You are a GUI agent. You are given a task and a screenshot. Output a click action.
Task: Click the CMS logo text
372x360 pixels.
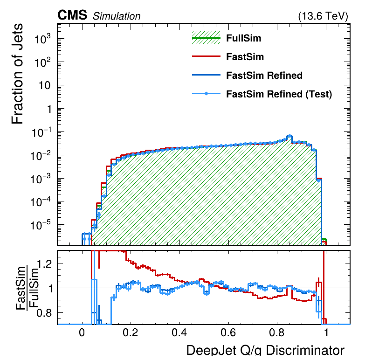[72, 15]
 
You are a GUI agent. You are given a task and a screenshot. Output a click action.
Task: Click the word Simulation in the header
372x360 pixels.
[117, 16]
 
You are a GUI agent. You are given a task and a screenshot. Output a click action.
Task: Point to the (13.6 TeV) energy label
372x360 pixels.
[323, 16]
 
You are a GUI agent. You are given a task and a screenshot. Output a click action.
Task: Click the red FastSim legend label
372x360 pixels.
[245, 57]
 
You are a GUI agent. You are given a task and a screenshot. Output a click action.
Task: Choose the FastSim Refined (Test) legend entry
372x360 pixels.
[279, 94]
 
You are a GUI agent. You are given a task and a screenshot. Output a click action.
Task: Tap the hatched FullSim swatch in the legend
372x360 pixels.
[206, 38]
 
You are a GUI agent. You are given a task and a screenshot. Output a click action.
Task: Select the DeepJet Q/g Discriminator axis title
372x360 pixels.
[265, 351]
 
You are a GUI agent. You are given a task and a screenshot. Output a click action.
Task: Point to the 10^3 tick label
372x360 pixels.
[43, 40]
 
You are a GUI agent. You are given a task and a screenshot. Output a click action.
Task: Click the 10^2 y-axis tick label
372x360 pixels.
[43, 63]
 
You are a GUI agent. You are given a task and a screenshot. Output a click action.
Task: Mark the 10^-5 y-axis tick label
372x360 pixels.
[41, 226]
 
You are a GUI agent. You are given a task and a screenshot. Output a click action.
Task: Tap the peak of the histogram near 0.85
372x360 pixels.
[289, 136]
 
